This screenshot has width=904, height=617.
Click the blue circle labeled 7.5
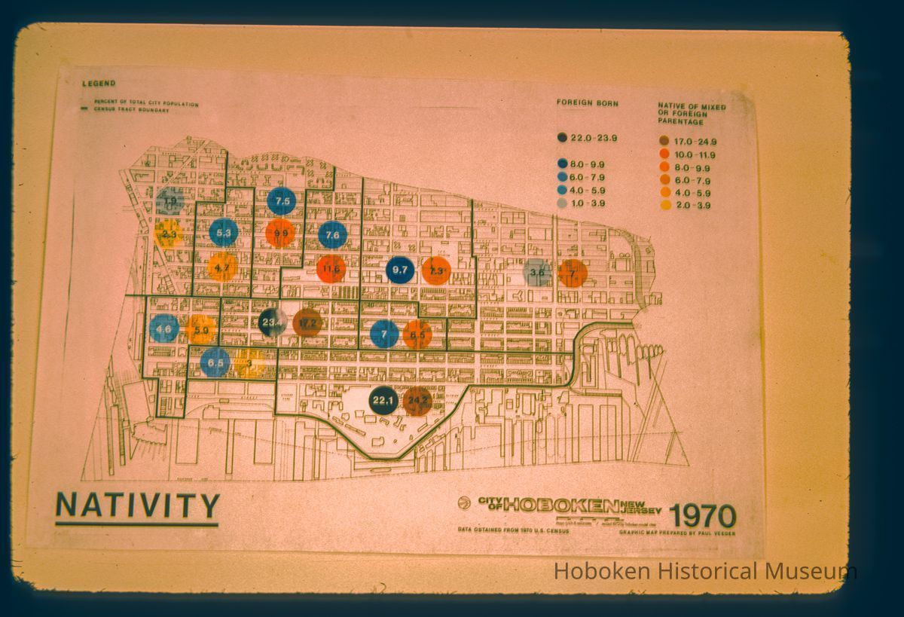[x=281, y=201]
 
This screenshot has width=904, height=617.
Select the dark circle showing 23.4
[x=272, y=322]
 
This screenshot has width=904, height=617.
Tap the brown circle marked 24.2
[x=417, y=401]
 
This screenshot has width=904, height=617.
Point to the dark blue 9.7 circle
[x=400, y=270]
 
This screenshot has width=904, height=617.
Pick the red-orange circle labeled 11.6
[x=331, y=268]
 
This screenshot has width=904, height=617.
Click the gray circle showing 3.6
[x=537, y=272]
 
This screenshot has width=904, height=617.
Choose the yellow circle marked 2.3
[x=169, y=234]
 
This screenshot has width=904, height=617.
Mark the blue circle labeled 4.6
[x=164, y=328]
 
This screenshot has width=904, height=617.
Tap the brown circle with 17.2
[x=307, y=323]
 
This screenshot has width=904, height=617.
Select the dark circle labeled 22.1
[x=383, y=400]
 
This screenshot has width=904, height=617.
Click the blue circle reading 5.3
[x=224, y=233]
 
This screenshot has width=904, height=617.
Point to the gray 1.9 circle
[x=171, y=201]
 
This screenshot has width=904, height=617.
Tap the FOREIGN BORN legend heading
[x=587, y=102]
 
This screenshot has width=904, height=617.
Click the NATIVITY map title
[x=138, y=506]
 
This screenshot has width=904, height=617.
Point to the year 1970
[x=702, y=516]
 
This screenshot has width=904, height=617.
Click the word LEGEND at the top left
[x=99, y=84]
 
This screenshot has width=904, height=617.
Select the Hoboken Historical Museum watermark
[x=704, y=572]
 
